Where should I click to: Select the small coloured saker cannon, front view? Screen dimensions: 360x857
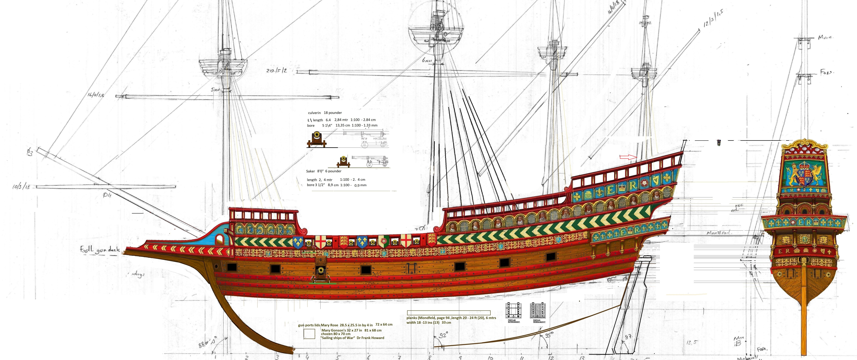(x=343, y=162)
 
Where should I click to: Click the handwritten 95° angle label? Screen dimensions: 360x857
(x=549, y=335)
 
